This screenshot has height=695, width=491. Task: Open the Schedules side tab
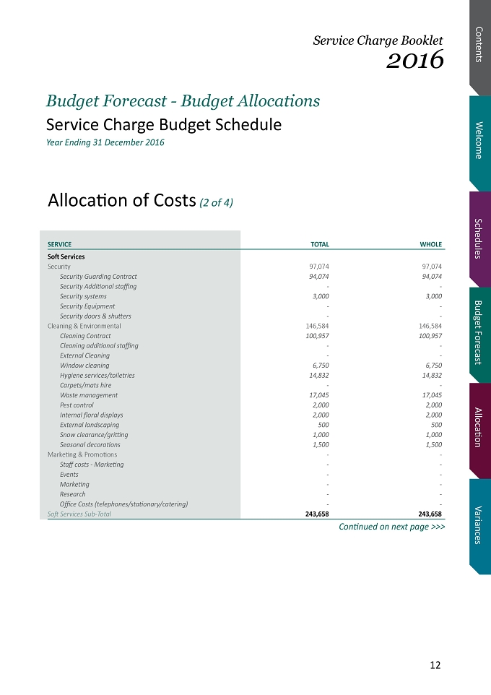[x=480, y=238]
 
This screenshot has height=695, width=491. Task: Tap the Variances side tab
[x=480, y=525]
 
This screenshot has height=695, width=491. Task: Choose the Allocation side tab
[x=480, y=427]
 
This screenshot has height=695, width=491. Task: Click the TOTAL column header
[x=319, y=244]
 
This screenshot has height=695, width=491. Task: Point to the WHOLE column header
[x=431, y=244]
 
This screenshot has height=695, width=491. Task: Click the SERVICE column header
[x=59, y=244]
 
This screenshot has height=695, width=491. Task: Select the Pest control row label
[x=77, y=405]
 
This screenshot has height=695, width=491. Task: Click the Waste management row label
[x=89, y=395]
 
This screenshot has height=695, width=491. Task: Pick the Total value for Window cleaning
[x=321, y=366]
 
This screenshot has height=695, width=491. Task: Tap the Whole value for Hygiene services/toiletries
[x=432, y=376]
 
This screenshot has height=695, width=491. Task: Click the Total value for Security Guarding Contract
[x=319, y=277]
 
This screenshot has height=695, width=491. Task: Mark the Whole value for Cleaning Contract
[x=430, y=336]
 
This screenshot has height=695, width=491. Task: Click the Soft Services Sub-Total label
[x=79, y=514]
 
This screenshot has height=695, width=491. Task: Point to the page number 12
[x=435, y=665]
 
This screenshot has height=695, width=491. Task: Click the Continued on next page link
[x=392, y=527]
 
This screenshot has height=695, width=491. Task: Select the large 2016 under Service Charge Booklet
[x=414, y=59]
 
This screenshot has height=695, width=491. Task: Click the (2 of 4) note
[x=216, y=202]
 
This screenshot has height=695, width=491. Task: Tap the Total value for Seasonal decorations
[x=321, y=444]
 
